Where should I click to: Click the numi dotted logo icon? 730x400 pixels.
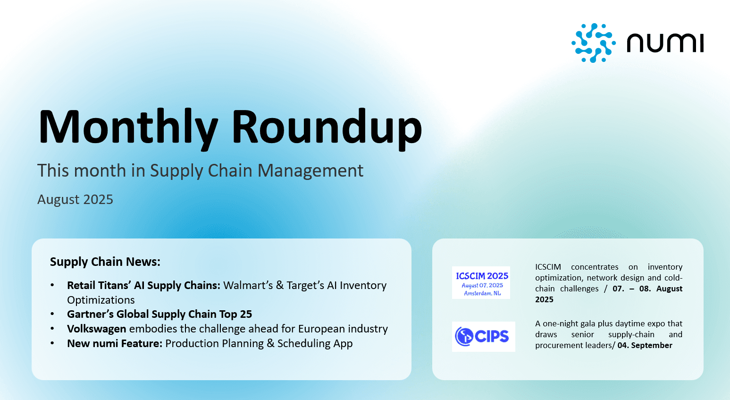[x=593, y=43]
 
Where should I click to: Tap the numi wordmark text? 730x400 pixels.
[x=665, y=43]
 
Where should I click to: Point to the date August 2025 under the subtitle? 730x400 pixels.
[x=75, y=199]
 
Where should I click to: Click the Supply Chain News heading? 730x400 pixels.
[x=105, y=262]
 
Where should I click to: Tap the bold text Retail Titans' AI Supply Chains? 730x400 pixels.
[x=143, y=285]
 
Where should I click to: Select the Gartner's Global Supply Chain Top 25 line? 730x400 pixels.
[x=159, y=314]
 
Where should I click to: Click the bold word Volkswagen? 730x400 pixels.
[x=97, y=329]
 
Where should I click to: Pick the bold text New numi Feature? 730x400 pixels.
[x=115, y=343]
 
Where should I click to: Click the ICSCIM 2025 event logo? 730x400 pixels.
[x=481, y=282]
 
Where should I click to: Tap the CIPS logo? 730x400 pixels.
[x=483, y=336]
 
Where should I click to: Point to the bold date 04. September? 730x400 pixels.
[x=645, y=345]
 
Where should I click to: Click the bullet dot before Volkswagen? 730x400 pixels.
[x=53, y=329]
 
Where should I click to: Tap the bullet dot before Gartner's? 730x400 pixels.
[x=53, y=314]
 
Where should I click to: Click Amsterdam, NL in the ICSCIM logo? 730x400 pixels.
[x=482, y=293]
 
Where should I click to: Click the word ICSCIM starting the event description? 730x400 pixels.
[x=548, y=267]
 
